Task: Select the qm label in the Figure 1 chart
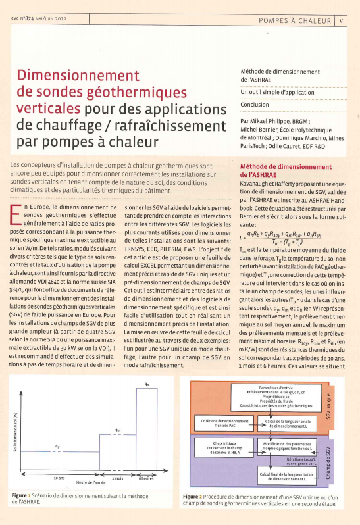tap(117, 430)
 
